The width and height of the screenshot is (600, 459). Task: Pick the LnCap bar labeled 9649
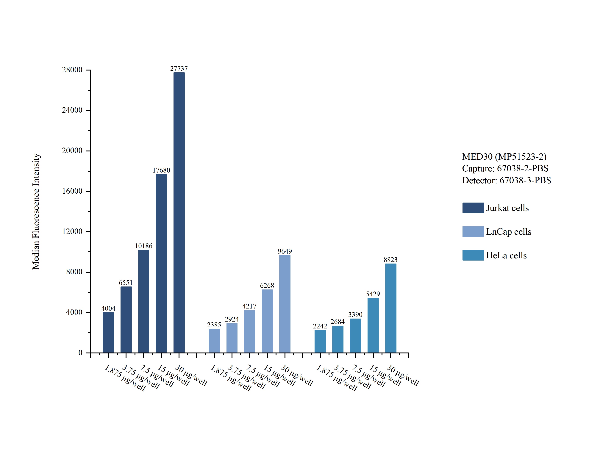tap(285, 304)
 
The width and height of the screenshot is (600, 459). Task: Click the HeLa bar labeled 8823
tap(391, 308)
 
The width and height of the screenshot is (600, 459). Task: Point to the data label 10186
tap(143, 246)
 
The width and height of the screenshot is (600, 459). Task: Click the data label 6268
tap(267, 286)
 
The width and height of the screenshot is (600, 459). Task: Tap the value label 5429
tap(373, 294)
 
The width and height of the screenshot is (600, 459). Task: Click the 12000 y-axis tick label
tap(72, 231)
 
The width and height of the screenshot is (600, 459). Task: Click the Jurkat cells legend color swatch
tap(473, 208)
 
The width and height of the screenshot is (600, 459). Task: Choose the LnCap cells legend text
tap(508, 232)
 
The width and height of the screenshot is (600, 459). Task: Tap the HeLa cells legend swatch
tap(473, 255)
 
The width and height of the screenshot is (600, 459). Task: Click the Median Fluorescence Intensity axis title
tap(36, 212)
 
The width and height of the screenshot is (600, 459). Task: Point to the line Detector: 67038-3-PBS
tap(506, 180)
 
